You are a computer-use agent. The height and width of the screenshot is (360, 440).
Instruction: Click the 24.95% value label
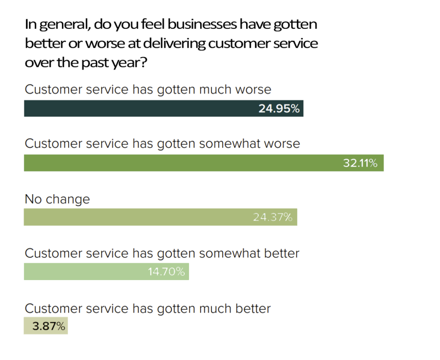click(279, 109)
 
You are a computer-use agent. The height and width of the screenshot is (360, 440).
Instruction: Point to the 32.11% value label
click(360, 163)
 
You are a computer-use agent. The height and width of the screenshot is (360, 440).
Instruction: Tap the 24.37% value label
click(272, 217)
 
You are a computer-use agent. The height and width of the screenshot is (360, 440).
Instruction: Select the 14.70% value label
click(166, 272)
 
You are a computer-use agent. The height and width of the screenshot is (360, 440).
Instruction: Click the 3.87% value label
click(49, 326)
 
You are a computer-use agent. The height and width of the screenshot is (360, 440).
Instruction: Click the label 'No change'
click(57, 199)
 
